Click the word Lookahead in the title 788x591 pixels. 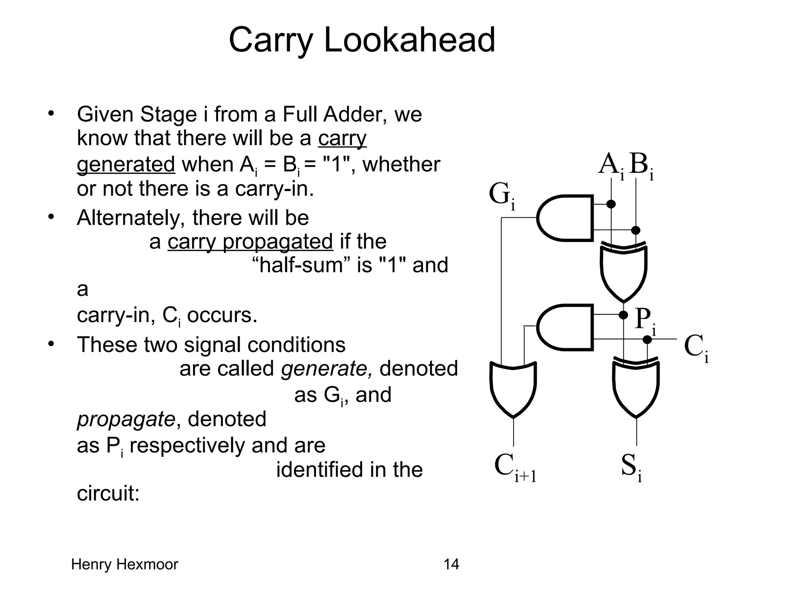[409, 40]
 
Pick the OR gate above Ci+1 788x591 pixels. [513, 389]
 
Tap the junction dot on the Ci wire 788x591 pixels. [648, 339]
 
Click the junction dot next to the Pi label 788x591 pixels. [623, 315]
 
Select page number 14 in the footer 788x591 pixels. [451, 564]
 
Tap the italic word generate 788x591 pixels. [326, 369]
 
